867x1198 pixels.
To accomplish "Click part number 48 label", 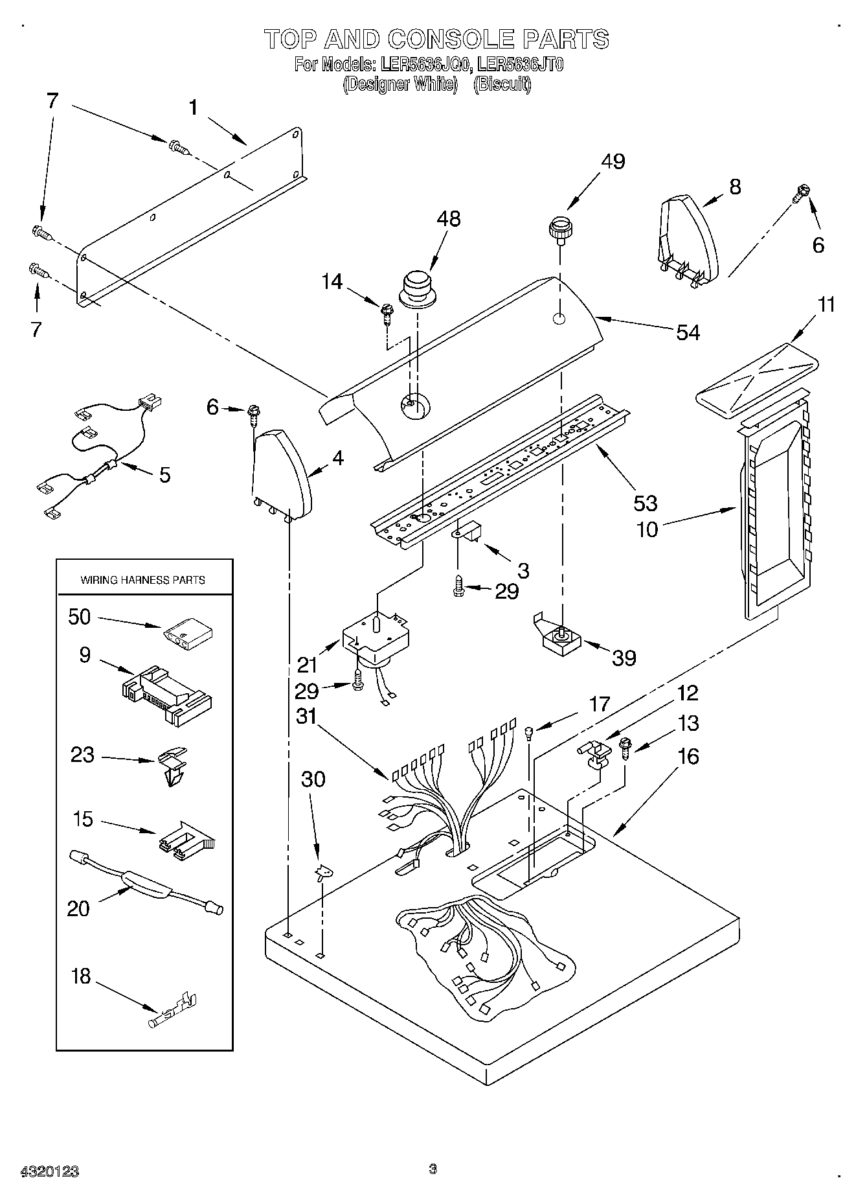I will click(x=448, y=219).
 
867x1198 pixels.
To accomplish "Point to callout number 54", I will click(x=688, y=332).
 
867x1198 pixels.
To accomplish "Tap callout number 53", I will click(x=646, y=503).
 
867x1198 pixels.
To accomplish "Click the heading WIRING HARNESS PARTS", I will click(x=142, y=580).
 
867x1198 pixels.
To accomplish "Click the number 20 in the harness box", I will click(x=78, y=908).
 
